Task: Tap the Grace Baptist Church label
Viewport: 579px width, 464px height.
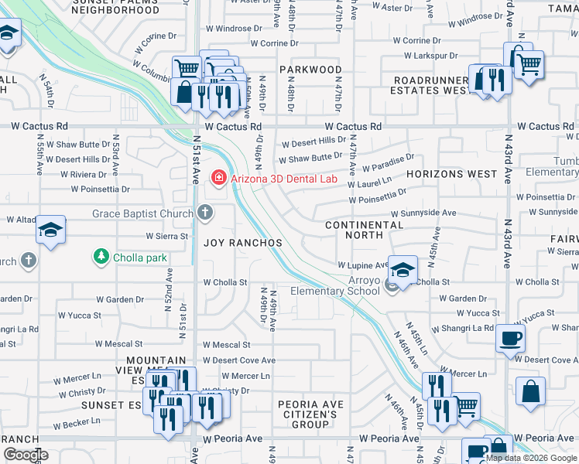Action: pos(144,213)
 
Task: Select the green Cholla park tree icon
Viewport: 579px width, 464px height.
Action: pos(100,255)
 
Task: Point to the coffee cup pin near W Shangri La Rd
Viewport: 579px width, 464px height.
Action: pos(510,339)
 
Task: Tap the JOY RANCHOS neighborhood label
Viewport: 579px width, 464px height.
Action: pos(242,242)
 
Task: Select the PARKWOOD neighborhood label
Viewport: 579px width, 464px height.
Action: pos(310,70)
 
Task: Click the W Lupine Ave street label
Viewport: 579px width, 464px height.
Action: pos(362,265)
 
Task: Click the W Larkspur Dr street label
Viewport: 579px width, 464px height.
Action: pos(430,56)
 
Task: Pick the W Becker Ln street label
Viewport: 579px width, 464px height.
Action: pos(77,425)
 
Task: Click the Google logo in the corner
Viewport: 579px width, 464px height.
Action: pos(25,455)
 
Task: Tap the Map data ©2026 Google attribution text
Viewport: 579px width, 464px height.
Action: pos(531,458)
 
